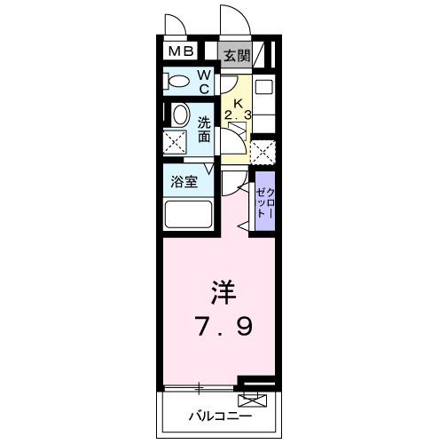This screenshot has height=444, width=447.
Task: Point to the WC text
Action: coord(203,83)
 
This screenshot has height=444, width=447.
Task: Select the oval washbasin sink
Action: coord(179,115)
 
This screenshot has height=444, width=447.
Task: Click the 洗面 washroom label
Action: coord(205,130)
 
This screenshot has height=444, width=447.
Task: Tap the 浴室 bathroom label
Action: coord(185,180)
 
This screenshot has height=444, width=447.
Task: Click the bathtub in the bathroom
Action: coord(189,215)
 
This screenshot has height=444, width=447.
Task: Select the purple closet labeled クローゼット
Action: coord(264,203)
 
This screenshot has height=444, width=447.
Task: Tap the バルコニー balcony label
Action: coord(219,416)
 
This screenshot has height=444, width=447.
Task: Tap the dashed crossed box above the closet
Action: coord(263,153)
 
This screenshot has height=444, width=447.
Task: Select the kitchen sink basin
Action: coord(263,89)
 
